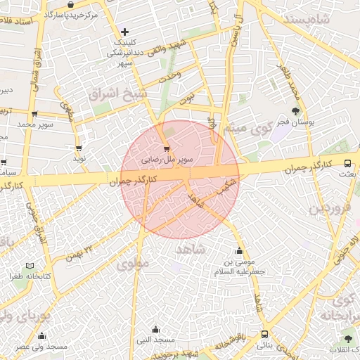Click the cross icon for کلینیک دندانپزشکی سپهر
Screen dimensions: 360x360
[124, 32]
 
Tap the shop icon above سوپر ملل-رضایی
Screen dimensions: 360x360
[166, 148]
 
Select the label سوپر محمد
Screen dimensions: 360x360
[36, 124]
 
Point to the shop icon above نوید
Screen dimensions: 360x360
[78, 148]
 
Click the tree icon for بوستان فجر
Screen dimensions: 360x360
[295, 111]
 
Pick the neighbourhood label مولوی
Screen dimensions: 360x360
[134, 264]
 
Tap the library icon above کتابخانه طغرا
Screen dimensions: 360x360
[29, 266]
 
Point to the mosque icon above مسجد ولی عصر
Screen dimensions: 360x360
[41, 335]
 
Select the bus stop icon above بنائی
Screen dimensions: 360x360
[264, 335]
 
